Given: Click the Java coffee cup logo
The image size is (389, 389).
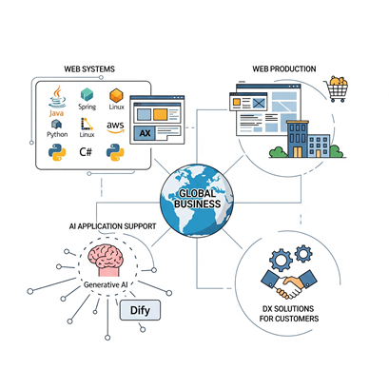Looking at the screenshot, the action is (57, 97).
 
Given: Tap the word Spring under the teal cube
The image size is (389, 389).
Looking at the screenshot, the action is (88, 107).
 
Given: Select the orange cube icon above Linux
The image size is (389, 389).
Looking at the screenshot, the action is (116, 95).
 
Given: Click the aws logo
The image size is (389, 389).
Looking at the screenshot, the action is (115, 127).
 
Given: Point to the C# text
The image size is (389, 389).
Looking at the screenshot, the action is (86, 152).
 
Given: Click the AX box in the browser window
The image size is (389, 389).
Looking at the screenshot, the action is (145, 133).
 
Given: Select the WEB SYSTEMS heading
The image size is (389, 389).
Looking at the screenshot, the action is (89, 69).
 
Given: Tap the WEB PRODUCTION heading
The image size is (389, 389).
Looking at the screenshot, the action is (284, 68).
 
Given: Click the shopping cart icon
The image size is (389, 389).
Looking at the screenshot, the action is (336, 88).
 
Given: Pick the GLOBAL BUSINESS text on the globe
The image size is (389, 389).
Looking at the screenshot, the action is (197, 199).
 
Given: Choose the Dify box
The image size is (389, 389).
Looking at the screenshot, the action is (140, 310).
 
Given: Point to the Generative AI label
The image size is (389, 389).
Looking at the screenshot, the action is (106, 284).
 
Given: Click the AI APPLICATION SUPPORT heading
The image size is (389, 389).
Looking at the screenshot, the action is (112, 226).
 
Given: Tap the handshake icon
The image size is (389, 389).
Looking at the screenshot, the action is (288, 283).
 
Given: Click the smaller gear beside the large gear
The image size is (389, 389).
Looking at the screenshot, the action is (303, 253).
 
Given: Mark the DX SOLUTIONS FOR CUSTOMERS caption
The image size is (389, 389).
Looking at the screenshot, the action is (289, 314).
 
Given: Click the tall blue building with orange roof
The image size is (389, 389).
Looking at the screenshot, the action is (298, 139).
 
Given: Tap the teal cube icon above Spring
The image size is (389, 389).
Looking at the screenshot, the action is (87, 94).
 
